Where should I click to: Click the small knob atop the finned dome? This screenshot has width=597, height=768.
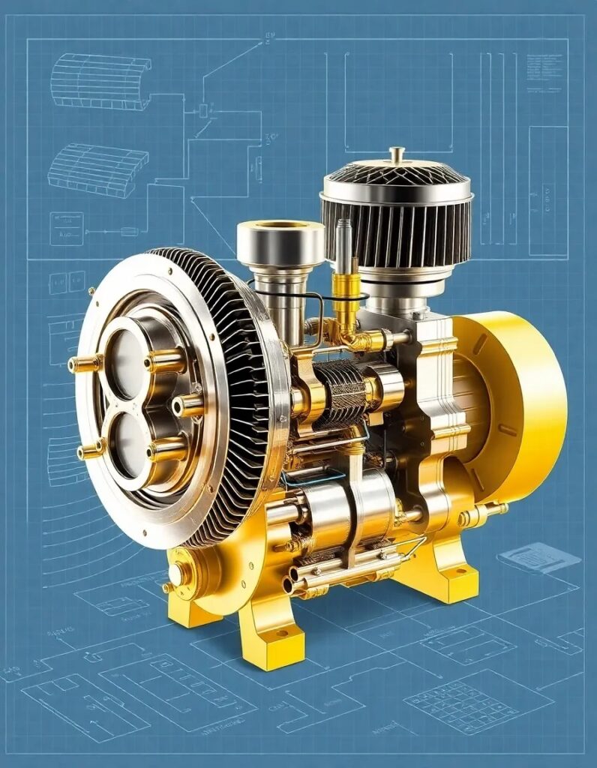(397, 154)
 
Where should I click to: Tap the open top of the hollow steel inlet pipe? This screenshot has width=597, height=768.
(280, 225)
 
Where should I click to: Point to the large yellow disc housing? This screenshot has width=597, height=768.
(517, 409)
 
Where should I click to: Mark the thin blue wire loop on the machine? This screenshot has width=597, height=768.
(315, 474)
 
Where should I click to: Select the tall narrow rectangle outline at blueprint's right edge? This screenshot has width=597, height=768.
(547, 191)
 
